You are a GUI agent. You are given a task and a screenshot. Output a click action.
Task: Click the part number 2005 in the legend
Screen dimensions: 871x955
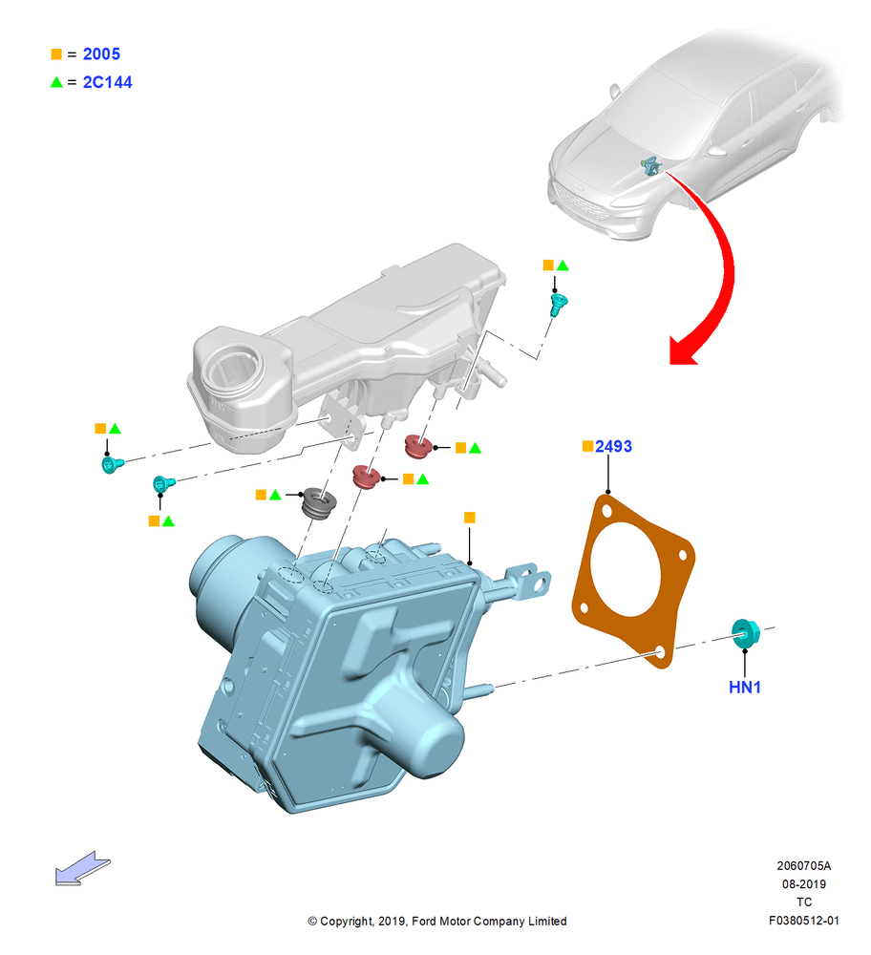101,54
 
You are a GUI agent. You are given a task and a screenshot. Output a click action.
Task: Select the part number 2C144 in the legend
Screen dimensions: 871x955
107,82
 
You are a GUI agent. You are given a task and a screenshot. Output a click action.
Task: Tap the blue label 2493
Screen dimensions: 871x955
613,446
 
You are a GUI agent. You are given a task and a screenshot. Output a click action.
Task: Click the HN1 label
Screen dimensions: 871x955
744,687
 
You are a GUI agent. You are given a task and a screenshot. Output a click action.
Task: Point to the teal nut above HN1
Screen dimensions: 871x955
745,633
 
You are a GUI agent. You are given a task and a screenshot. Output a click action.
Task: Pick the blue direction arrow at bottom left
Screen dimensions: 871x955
82,868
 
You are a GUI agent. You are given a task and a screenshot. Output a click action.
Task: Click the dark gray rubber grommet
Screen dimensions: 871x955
319,503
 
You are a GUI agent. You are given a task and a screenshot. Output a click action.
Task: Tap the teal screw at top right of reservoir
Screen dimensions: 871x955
558,304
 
